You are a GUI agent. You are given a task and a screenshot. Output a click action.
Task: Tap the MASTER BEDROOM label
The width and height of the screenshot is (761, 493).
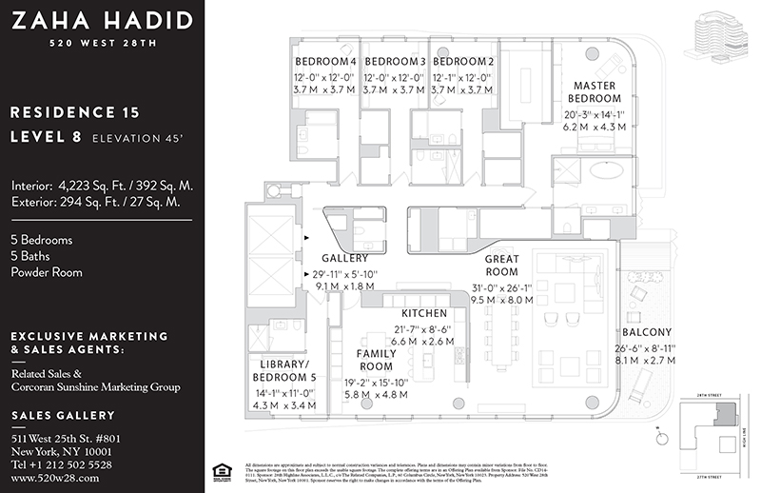pos(595,91)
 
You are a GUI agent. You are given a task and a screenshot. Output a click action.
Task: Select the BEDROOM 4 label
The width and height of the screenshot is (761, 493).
pos(325,62)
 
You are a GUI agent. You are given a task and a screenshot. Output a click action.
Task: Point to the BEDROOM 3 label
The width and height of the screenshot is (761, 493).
pos(395,62)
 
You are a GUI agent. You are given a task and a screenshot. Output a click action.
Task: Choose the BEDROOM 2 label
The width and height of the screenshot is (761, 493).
pos(463,62)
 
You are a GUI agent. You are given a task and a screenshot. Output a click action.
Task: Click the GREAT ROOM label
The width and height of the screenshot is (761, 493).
pos(501,266)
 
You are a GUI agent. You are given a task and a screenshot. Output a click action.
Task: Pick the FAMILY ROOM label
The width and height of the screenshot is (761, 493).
pos(376,360)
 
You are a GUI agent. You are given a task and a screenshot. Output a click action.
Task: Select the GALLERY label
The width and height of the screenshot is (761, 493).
pos(344,258)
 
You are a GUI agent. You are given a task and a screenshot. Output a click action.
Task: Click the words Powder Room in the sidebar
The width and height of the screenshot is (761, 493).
pos(47,272)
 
